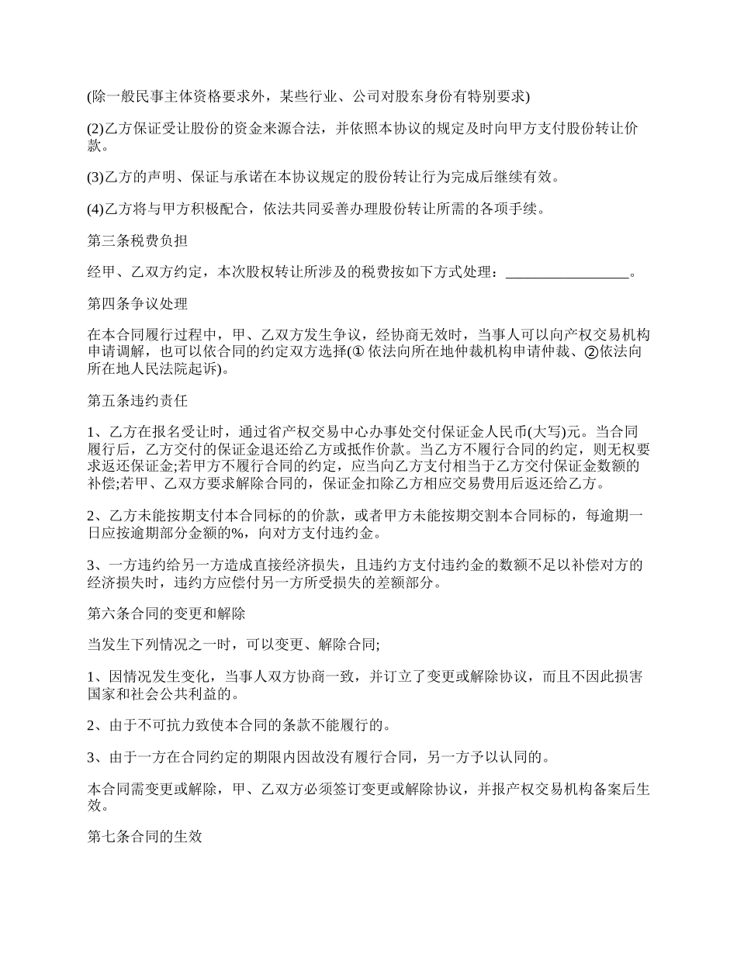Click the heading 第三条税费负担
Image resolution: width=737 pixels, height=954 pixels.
137,241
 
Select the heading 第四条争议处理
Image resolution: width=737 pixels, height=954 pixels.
137,303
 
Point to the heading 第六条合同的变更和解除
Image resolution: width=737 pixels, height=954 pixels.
166,614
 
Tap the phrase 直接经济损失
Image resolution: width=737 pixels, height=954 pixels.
306,565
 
